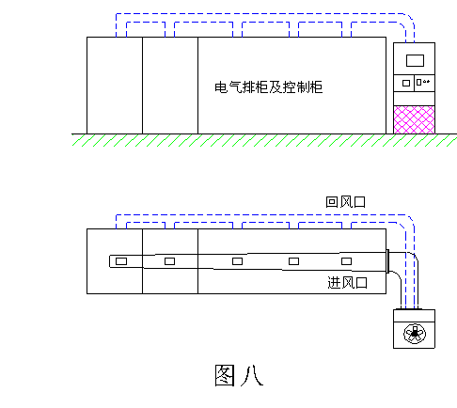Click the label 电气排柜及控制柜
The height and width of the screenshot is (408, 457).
point(269,87)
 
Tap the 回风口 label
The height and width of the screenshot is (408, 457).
point(345,202)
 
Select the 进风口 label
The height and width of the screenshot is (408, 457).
point(347,283)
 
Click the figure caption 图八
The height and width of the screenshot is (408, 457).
point(239,375)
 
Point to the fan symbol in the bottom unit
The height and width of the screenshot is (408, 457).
point(415,334)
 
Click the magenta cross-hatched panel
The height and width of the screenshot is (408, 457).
point(414,119)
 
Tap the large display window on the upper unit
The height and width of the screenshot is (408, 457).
point(415,61)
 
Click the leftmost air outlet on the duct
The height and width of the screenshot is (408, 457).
point(121,261)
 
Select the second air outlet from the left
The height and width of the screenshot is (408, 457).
point(169,261)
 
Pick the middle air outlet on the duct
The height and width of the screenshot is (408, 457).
point(237,261)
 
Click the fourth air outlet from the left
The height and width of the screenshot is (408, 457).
point(293,261)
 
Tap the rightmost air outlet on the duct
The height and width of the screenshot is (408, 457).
point(346,261)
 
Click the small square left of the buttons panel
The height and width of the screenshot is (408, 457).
point(406,84)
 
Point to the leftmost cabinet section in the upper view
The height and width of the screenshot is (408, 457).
point(115,86)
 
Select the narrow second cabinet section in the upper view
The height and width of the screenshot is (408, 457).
point(170,86)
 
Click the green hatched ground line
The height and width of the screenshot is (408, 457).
point(264,140)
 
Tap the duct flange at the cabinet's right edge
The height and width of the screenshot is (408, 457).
point(387,261)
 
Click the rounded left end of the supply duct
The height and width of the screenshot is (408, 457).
point(110,261)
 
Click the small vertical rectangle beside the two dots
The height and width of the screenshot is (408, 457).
point(419,83)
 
